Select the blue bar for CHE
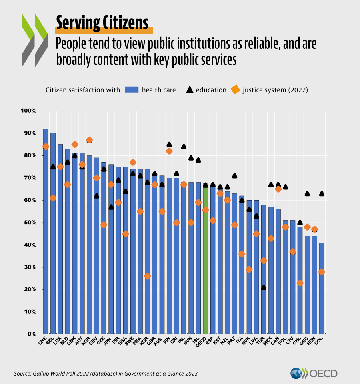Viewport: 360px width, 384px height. coord(46,240)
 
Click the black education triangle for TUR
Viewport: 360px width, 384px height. coord(264,287)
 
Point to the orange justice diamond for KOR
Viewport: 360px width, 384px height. coord(147,276)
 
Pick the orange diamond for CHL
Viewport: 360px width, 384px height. coord(300,283)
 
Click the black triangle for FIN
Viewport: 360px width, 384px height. coord(169,144)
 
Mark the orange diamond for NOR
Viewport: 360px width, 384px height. coord(89,140)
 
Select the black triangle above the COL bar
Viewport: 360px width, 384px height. coord(322,194)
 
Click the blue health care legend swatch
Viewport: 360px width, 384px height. coord(132,90)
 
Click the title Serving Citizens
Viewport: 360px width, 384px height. coord(102,23)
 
